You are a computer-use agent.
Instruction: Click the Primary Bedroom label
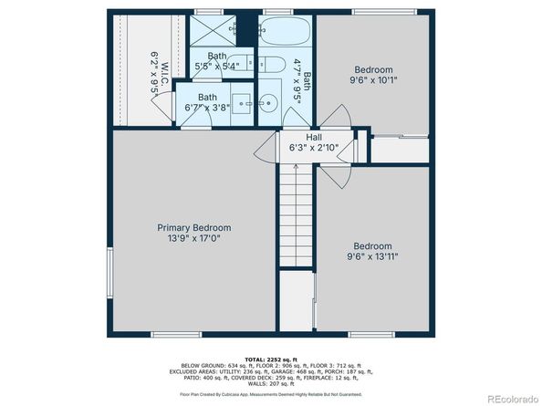[193, 227]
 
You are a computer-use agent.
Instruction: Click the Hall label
[300, 136]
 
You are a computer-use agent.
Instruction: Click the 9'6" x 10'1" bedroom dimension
[373, 80]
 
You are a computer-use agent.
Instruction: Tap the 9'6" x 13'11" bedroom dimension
[373, 256]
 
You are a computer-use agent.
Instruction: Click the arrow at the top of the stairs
[297, 166]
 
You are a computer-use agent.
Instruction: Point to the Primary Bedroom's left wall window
[110, 273]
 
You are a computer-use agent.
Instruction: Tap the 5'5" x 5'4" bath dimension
[218, 66]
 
